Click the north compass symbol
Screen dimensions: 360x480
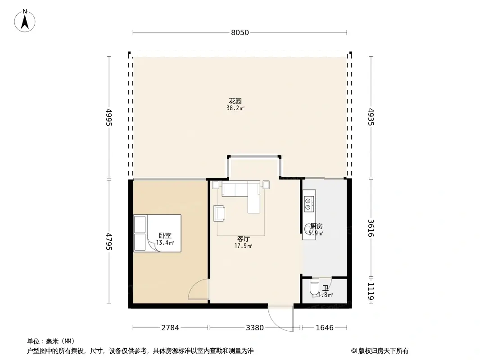(25, 21)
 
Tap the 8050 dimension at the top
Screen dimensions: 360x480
(240, 32)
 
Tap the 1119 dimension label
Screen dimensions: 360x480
(371, 291)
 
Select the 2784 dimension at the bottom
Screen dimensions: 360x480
(170, 328)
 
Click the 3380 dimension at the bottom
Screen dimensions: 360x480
(255, 328)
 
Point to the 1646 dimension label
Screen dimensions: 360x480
(324, 328)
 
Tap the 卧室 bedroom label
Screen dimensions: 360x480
(165, 235)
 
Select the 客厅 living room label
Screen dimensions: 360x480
(244, 239)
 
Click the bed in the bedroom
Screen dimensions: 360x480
(157, 233)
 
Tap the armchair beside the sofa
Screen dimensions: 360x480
(219, 213)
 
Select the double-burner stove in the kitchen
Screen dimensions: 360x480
(309, 204)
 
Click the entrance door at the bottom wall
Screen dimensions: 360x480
(280, 317)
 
